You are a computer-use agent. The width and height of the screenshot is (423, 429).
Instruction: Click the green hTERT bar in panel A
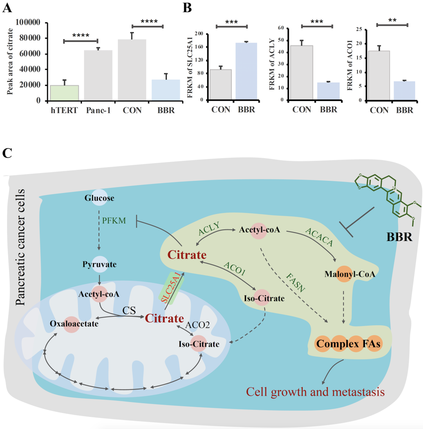tap(64, 93)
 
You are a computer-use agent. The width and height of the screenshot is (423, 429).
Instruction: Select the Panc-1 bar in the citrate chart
tap(98, 76)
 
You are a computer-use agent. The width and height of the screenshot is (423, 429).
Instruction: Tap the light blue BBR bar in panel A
tap(166, 90)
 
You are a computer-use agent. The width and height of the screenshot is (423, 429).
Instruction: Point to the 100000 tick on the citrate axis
tap(28, 22)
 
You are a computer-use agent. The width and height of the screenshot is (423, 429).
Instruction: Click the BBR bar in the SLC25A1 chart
tap(246, 71)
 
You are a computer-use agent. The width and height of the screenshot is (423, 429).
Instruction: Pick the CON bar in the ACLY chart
tap(302, 73)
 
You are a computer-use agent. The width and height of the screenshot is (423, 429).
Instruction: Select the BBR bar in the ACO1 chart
tap(404, 91)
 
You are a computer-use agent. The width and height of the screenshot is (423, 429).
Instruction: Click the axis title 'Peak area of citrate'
tap(10, 61)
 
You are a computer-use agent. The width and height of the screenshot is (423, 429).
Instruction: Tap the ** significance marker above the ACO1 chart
tap(392, 20)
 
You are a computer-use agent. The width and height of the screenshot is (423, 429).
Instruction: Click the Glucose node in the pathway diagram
tap(99, 198)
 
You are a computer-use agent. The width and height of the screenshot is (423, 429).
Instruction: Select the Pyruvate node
tap(99, 264)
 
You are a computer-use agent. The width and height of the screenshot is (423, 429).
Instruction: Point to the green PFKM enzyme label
tap(114, 220)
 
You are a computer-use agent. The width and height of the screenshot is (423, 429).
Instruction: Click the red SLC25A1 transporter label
tap(171, 288)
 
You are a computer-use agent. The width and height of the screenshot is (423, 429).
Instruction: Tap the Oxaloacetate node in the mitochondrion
tap(74, 324)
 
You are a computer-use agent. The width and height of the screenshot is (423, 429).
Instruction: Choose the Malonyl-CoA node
tap(350, 274)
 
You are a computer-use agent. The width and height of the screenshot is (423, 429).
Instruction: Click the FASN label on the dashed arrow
tap(296, 283)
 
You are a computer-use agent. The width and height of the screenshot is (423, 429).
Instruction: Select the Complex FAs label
tap(348, 344)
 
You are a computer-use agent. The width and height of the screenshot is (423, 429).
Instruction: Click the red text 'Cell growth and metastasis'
tap(315, 392)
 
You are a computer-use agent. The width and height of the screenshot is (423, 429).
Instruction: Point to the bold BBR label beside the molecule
tap(399, 237)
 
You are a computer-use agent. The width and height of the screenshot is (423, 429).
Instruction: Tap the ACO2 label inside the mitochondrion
tap(197, 325)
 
